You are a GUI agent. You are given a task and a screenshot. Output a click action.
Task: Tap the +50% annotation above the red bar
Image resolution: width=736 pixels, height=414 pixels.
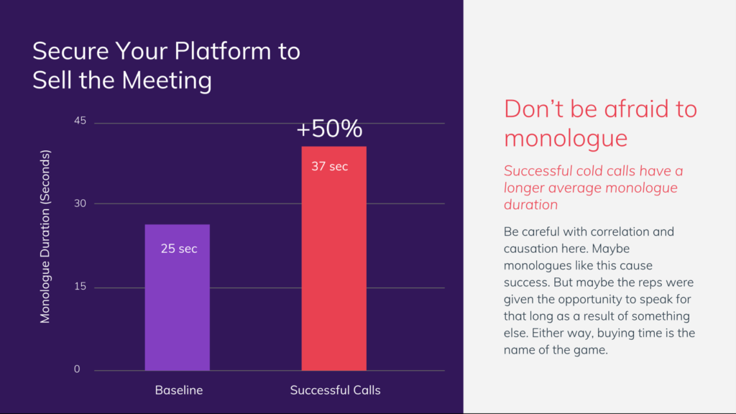pos(330,129)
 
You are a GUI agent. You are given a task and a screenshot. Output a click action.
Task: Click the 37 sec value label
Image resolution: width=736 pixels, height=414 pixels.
pos(329,167)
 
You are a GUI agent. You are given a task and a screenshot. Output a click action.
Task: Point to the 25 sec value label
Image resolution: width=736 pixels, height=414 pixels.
pos(178,249)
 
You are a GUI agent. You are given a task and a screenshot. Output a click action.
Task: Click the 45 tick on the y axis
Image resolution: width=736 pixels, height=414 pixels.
pos(80,121)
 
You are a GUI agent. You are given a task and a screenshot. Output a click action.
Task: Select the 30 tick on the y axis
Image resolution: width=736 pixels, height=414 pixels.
pos(80,203)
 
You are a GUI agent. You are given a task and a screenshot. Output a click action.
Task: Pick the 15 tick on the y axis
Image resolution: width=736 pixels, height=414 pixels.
pos(80,287)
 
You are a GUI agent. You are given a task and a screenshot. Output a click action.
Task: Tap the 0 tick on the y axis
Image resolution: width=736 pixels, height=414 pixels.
pos(77,369)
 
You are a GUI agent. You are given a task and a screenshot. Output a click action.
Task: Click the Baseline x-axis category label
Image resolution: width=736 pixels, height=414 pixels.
pos(179,390)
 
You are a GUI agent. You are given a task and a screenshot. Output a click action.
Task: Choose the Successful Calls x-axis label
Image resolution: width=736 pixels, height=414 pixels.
pos(335,390)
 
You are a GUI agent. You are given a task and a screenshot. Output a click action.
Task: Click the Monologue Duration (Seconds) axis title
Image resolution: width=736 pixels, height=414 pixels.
pos(45,236)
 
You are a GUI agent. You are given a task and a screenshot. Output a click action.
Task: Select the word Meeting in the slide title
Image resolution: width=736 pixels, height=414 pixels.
pos(166,80)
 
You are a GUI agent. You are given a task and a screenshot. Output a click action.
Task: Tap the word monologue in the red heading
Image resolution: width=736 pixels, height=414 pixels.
pos(566,138)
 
